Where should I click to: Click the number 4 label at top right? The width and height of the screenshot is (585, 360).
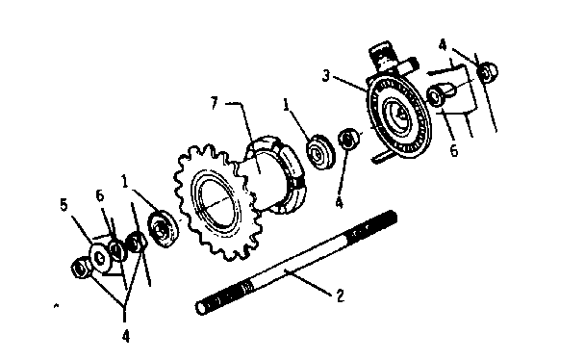tap(442, 43)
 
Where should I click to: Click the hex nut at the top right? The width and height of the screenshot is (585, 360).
tap(489, 70)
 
